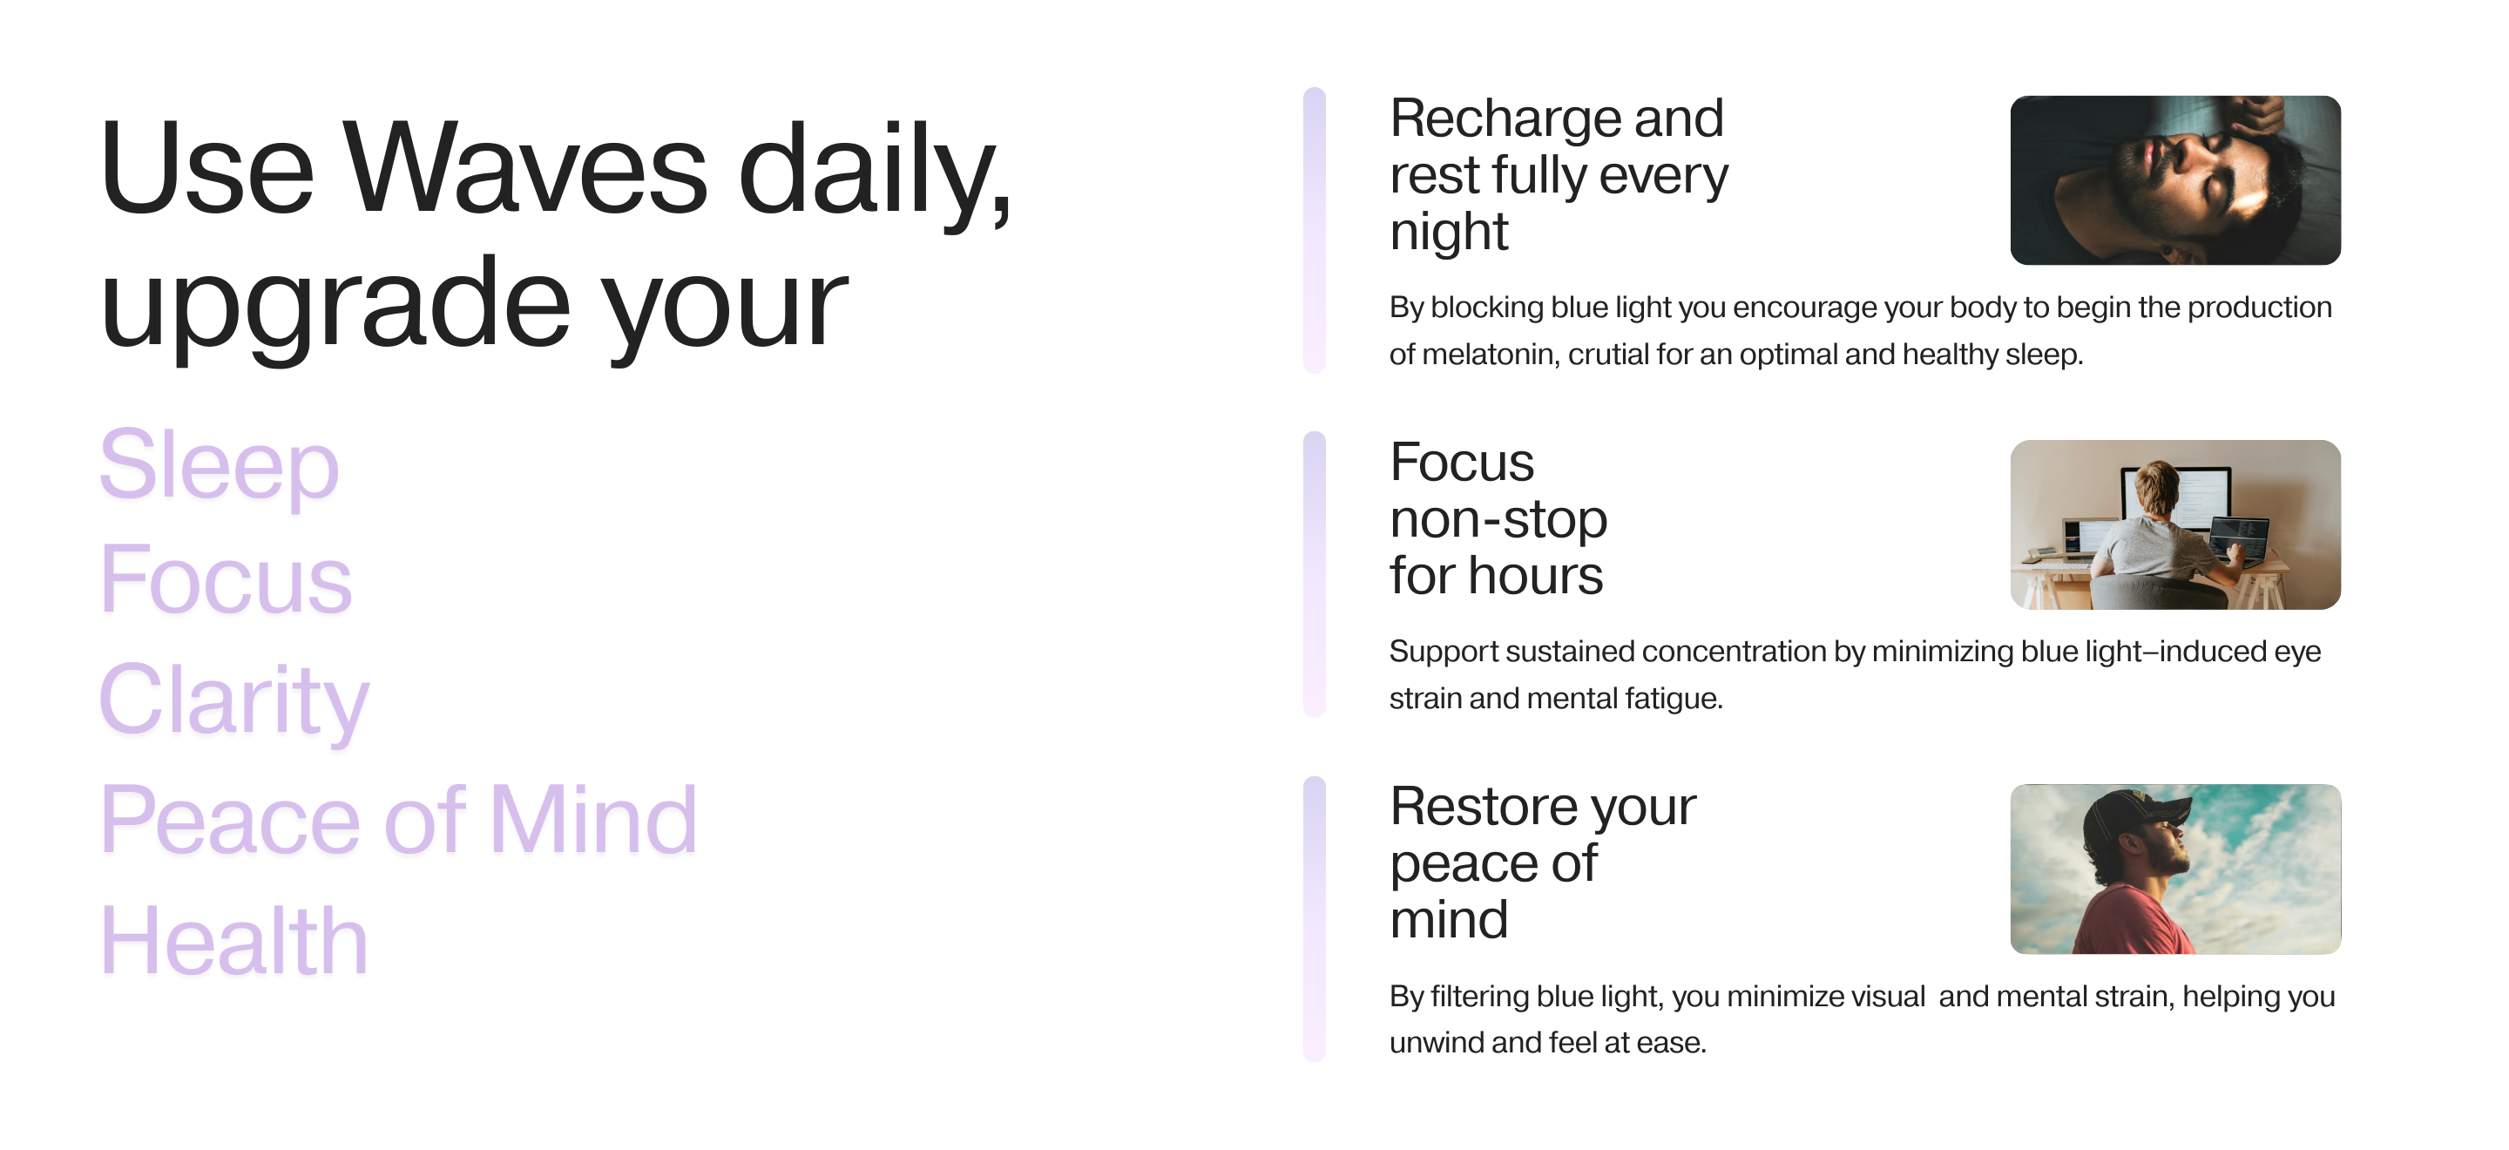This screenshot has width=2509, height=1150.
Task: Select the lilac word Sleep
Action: pos(220,465)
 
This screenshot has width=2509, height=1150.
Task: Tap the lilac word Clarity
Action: pos(234,700)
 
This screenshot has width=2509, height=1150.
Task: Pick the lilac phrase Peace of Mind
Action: pos(398,820)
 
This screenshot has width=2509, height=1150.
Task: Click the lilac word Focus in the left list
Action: pos(226,579)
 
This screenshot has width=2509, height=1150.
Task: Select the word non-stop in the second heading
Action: pos(1498,519)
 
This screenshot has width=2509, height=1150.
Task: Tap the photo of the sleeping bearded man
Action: pos(2175,180)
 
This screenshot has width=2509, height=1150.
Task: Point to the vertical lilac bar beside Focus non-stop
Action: pos(1314,574)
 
